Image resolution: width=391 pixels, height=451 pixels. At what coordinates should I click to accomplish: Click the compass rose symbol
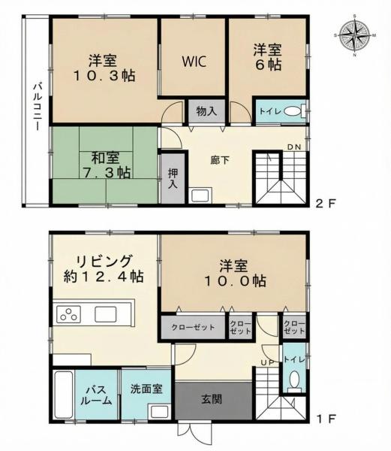tap(355, 35)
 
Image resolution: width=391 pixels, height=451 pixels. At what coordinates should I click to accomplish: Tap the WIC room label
tap(194, 62)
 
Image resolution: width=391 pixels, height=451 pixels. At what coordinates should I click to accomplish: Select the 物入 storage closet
tap(206, 111)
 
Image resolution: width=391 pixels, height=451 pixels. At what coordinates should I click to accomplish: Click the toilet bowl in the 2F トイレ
tap(292, 111)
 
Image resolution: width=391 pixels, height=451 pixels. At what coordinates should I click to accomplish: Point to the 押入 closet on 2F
tap(173, 178)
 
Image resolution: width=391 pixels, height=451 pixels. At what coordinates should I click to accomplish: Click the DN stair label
tap(294, 147)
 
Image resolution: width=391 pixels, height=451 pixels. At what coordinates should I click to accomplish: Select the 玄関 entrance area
tap(214, 401)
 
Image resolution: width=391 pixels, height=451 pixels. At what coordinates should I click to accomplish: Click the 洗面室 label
tap(146, 389)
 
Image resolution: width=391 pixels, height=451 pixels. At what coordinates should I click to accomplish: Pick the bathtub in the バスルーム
tap(64, 395)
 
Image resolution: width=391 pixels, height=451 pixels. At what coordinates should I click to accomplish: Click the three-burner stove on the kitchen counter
tap(69, 313)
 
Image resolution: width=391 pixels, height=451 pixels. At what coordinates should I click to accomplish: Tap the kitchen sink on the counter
tap(106, 314)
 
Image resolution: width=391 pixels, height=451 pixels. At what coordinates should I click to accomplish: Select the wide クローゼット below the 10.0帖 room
tap(193, 327)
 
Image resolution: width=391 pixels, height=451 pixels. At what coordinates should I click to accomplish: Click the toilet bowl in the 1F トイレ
tap(294, 381)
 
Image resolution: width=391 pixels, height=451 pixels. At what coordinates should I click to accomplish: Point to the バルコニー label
tap(37, 107)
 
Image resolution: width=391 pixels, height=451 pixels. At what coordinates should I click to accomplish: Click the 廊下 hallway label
tap(220, 160)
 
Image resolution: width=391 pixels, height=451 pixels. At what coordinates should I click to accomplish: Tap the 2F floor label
tap(325, 204)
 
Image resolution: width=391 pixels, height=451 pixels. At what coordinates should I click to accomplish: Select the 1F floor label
tap(326, 419)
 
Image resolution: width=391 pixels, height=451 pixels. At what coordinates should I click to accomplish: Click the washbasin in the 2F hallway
tap(200, 195)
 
